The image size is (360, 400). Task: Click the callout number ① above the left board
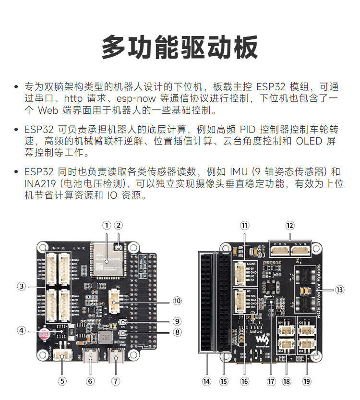tap(107, 225)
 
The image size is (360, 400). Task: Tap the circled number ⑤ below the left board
tap(62, 381)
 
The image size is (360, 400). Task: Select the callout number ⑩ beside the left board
tap(178, 301)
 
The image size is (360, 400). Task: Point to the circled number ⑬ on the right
tap(340, 290)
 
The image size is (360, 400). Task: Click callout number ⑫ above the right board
tap(289, 225)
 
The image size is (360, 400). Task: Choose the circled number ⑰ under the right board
tap(272, 381)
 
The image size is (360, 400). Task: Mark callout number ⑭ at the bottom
tap(206, 381)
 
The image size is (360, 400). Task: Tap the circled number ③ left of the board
tap(21, 286)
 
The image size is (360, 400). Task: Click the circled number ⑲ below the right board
tap(307, 381)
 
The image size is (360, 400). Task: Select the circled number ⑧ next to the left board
tap(178, 332)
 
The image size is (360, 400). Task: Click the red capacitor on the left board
tap(45, 333)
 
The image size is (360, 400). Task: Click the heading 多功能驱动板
tap(180, 47)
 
